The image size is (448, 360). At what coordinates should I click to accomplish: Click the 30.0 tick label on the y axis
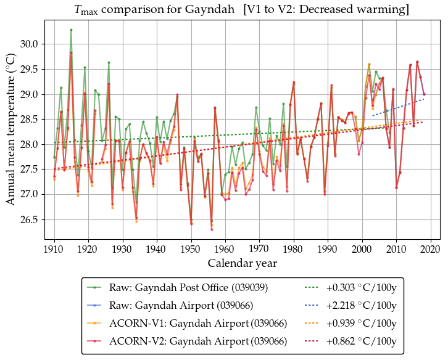pos(30,44)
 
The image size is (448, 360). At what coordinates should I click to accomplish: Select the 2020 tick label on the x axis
pos(430,249)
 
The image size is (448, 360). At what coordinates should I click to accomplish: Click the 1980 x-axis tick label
pos(294,249)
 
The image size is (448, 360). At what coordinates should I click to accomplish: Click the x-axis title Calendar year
pos(242,263)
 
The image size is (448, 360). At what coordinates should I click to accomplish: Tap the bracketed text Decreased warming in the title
pos(363,10)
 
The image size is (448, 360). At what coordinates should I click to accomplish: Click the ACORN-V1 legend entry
pos(198,323)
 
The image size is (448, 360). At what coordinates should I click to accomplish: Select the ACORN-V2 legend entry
pos(198,341)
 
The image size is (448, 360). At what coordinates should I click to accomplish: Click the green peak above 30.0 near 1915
pos(71,30)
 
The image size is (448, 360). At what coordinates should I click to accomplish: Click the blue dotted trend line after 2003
pos(401,107)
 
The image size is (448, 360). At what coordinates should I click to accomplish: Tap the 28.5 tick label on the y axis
pos(30,120)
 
